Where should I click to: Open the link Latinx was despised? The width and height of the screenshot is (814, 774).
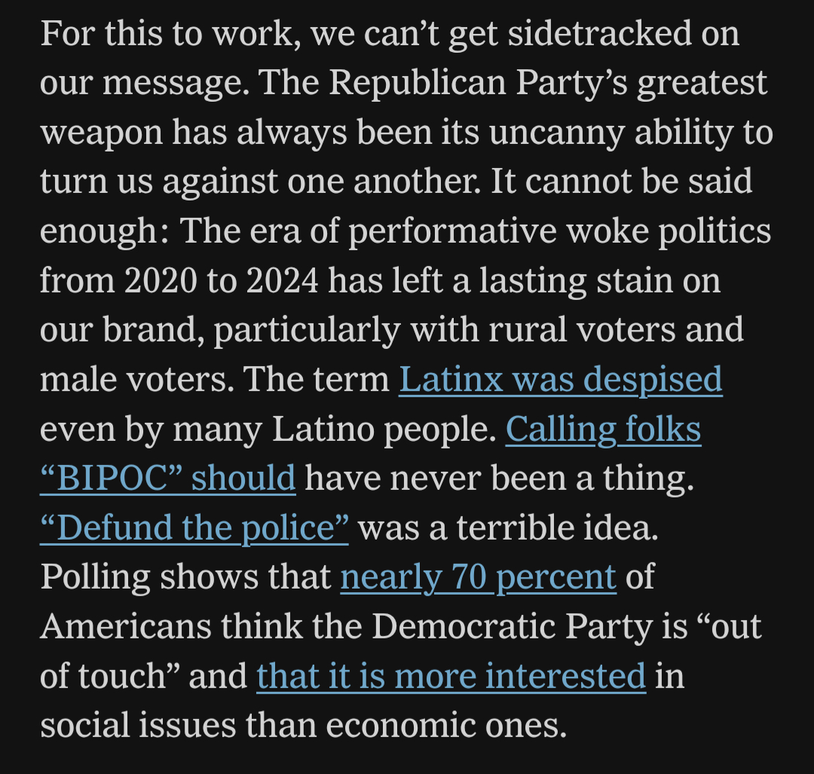(560, 380)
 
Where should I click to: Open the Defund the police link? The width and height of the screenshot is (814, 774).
(194, 528)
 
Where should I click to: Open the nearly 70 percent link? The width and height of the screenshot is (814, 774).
(478, 578)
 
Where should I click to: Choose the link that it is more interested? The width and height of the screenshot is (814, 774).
(451, 677)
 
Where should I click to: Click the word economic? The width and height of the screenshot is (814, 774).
(399, 726)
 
